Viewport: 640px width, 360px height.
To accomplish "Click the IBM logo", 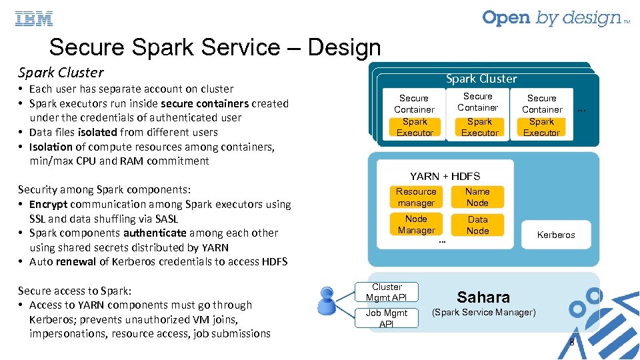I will [x=34, y=19].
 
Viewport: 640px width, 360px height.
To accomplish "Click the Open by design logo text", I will [x=551, y=19].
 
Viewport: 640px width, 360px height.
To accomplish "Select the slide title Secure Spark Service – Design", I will [x=215, y=47].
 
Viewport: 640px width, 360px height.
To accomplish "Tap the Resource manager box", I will [x=416, y=197].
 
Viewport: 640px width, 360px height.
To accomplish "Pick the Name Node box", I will [x=477, y=197].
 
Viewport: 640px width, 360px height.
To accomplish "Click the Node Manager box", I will [x=416, y=225].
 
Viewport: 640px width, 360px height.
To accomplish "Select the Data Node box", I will [x=477, y=225].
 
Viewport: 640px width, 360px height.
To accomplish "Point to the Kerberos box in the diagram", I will [x=555, y=235].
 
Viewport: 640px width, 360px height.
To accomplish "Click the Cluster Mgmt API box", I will [x=387, y=292].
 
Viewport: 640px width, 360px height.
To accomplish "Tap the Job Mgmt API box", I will [x=387, y=318].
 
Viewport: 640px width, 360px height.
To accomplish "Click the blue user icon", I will [x=327, y=301].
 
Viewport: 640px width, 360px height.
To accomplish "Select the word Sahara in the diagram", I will [x=483, y=297].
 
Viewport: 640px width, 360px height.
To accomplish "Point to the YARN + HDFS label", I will [x=445, y=176].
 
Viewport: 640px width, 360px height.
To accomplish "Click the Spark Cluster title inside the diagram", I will [x=481, y=79].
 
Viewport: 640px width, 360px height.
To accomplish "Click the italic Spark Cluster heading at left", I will [x=61, y=72].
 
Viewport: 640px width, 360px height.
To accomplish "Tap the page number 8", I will [x=571, y=343].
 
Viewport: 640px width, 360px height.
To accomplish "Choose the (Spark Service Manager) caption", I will [x=483, y=312].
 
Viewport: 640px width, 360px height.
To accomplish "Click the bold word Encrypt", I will [x=48, y=205].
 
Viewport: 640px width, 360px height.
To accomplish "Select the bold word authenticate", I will [x=155, y=233].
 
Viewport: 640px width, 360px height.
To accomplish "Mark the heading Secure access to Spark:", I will [x=75, y=291].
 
